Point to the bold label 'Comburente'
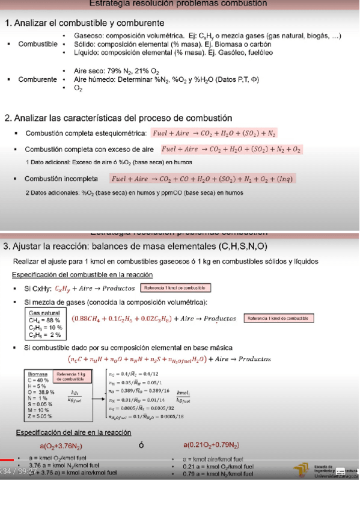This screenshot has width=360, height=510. click(x=37, y=79)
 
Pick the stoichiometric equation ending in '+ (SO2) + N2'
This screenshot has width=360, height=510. click(x=214, y=133)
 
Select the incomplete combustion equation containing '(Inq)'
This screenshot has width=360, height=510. click(x=203, y=179)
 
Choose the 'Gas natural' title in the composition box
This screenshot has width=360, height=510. click(x=44, y=313)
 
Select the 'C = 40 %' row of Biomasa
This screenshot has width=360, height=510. click(x=38, y=380)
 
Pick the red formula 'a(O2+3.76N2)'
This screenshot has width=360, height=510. click(x=61, y=446)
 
